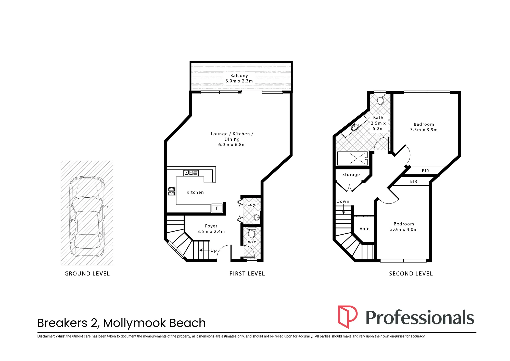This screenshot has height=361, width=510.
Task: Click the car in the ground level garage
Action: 87,216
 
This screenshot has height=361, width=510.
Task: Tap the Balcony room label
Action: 239,76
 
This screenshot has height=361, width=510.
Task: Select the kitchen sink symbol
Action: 191,173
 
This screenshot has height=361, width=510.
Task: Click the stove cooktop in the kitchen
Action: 172,191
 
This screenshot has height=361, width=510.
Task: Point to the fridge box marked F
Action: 217,208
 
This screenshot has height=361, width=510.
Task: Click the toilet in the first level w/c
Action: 252,233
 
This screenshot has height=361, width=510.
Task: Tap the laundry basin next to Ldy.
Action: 257,217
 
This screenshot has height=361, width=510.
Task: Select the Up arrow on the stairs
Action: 204,250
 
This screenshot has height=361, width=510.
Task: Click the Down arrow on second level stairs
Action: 343,209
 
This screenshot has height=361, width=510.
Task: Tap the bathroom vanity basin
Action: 355,127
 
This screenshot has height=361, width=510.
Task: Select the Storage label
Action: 351,175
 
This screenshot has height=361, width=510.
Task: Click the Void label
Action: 364,229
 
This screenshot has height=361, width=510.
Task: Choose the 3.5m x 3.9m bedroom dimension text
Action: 424,130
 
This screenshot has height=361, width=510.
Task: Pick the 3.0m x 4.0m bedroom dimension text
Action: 404,229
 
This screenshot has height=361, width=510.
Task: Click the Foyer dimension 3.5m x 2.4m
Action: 211,231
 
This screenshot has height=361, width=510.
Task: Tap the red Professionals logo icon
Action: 348,317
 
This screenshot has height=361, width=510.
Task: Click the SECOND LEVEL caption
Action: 411,274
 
